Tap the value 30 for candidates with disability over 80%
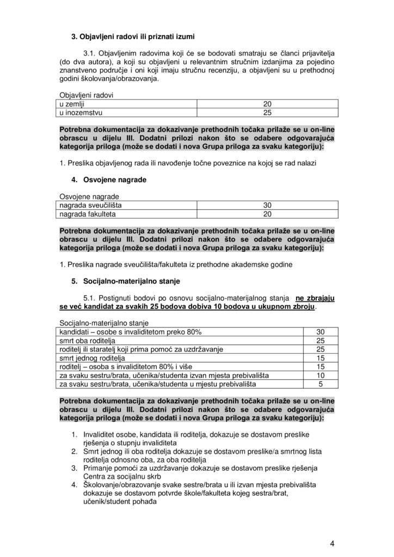320,332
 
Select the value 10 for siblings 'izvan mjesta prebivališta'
320,375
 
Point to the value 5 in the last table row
321,384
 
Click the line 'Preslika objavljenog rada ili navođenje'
195,162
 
